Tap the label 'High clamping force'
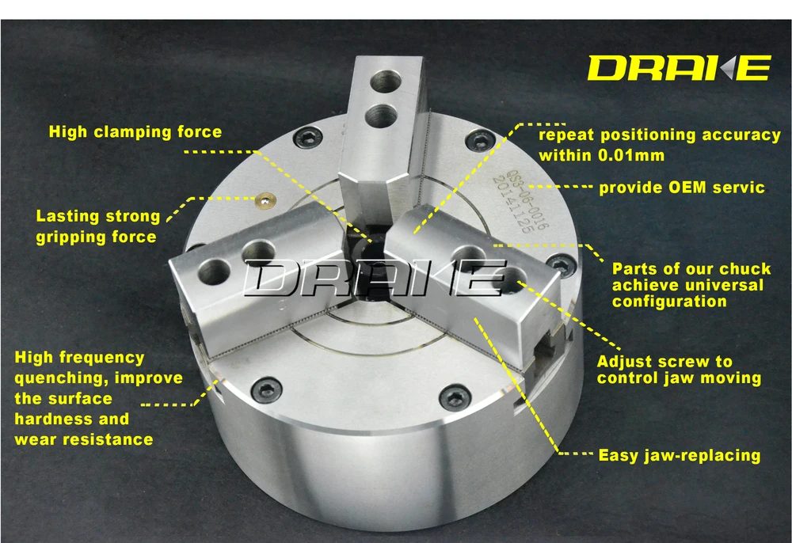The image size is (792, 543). pos(135,131)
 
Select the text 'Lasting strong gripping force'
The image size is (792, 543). pos(97,226)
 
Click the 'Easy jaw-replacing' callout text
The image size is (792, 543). pos(679,455)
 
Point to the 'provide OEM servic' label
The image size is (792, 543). pos(681,188)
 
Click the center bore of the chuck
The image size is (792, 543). pos(367,253)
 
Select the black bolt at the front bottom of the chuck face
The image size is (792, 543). pos(454,397)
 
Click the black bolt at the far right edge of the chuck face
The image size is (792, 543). pos(561,264)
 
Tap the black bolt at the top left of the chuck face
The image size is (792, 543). pos(304,140)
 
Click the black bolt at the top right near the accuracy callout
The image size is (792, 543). pos(475,141)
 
